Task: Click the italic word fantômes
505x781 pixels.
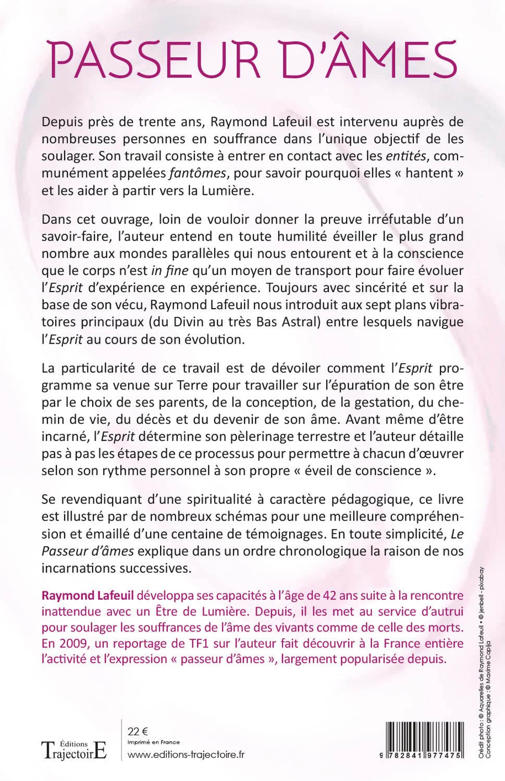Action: coord(198,173)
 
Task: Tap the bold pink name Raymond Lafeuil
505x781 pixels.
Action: coord(88,596)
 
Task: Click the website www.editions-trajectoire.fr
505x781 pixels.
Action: coord(186,754)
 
